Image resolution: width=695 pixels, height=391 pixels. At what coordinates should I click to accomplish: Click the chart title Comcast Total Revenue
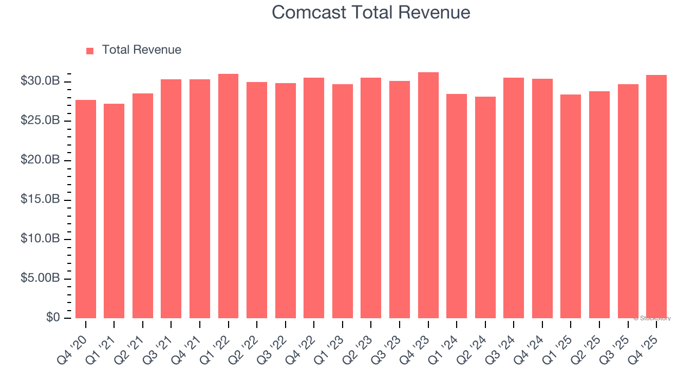(x=371, y=12)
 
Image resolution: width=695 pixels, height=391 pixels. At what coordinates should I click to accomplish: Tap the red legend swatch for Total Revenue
(x=90, y=51)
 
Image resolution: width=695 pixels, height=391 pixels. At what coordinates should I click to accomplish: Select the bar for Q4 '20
(x=86, y=209)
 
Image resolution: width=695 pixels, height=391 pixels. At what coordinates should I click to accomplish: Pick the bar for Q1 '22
(x=228, y=196)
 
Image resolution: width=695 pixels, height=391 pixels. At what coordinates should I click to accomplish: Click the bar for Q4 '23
(x=428, y=195)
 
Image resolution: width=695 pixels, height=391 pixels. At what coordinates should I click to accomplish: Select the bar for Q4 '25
(x=656, y=197)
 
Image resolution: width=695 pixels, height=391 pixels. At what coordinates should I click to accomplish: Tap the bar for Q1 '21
(x=114, y=211)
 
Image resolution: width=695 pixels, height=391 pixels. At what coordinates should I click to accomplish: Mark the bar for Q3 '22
(x=285, y=200)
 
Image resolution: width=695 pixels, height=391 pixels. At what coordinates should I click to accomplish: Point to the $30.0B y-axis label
(x=40, y=81)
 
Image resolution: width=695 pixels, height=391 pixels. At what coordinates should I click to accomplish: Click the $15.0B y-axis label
(x=40, y=199)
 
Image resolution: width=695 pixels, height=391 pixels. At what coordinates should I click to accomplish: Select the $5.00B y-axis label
(x=40, y=278)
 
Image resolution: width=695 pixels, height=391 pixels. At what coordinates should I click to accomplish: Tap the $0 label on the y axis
(x=52, y=317)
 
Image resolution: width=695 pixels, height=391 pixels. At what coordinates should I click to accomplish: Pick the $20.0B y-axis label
(x=40, y=160)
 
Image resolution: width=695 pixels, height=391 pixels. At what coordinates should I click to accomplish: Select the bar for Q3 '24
(x=514, y=198)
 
